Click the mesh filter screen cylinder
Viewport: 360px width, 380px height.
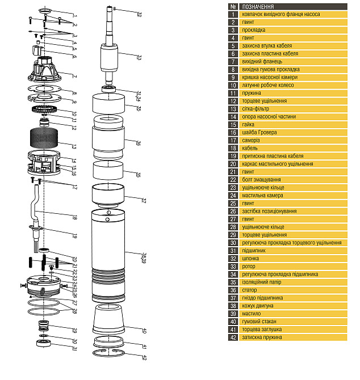[x=44, y=138]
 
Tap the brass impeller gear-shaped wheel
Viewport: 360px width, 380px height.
[x=44, y=109]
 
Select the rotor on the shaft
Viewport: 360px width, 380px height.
[x=109, y=58]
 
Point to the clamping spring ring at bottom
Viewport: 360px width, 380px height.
[x=108, y=353]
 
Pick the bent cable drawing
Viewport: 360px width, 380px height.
[x=35, y=206]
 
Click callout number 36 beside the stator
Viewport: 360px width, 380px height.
[x=139, y=143]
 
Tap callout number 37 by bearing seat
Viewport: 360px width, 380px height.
[x=144, y=201]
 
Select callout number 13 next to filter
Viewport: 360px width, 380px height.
[x=74, y=147]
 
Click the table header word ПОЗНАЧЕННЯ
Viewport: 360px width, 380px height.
[x=258, y=7]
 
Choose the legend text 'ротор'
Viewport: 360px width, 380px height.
[x=249, y=267]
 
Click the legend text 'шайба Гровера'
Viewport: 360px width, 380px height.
[x=259, y=132]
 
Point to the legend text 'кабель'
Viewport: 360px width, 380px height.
[x=250, y=148]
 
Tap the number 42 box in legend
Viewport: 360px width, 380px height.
[x=233, y=337]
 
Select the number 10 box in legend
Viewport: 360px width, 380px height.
[x=233, y=85]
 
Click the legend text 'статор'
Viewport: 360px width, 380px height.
[x=249, y=290]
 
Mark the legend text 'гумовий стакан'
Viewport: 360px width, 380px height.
[x=259, y=322]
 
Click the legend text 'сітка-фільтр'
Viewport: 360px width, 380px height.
[x=256, y=109]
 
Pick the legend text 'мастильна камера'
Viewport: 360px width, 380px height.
[x=262, y=195]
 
